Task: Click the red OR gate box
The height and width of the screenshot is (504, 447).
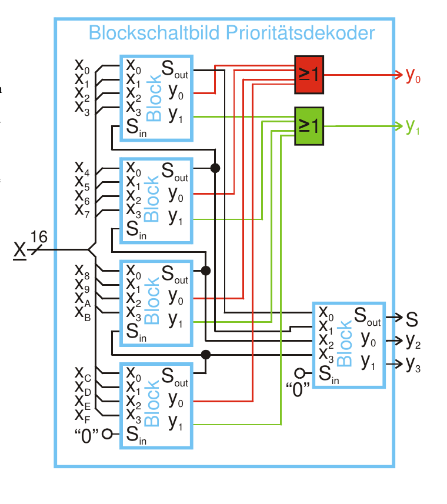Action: [x=309, y=75]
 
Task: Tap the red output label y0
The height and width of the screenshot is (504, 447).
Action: [x=413, y=76]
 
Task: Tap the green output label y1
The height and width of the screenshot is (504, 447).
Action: [x=413, y=126]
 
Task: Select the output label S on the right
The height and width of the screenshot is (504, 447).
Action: [x=412, y=319]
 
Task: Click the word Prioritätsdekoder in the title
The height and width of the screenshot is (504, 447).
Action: [x=301, y=33]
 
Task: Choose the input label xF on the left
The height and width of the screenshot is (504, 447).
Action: [x=82, y=415]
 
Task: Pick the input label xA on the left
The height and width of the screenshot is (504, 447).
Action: [x=82, y=297]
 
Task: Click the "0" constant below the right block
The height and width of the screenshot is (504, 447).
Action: [x=298, y=389]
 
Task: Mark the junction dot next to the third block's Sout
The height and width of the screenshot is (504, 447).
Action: [x=206, y=271]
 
